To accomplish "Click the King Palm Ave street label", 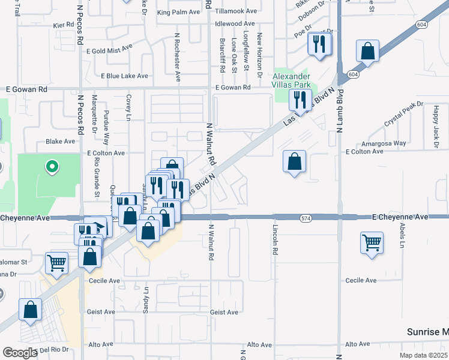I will point(178,12).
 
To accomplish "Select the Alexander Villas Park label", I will point(292,81).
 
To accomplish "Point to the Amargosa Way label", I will point(384,144).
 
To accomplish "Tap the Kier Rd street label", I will point(62,25).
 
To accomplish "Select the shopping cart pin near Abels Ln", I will point(372,243).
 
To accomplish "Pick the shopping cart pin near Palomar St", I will point(56,262).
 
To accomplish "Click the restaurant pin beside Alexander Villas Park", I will point(300,100).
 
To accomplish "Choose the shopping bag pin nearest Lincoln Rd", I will point(294,161).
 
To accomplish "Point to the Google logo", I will point(20,353).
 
